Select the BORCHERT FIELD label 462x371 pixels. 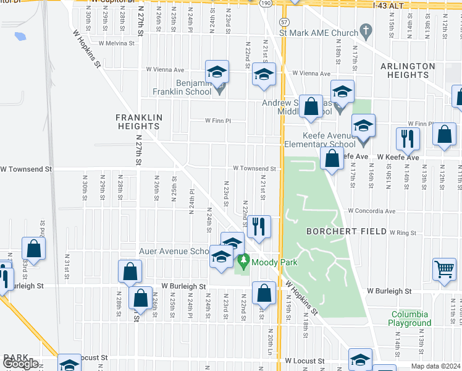pyautogui.click(x=338, y=231)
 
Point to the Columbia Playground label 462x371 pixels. pyautogui.click(x=410, y=318)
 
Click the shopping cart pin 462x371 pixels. pyautogui.click(x=444, y=269)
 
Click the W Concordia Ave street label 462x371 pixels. pyautogui.click(x=371, y=211)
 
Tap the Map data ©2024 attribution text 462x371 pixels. pyautogui.click(x=436, y=366)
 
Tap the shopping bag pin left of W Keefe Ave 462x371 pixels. pyautogui.click(x=332, y=158)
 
